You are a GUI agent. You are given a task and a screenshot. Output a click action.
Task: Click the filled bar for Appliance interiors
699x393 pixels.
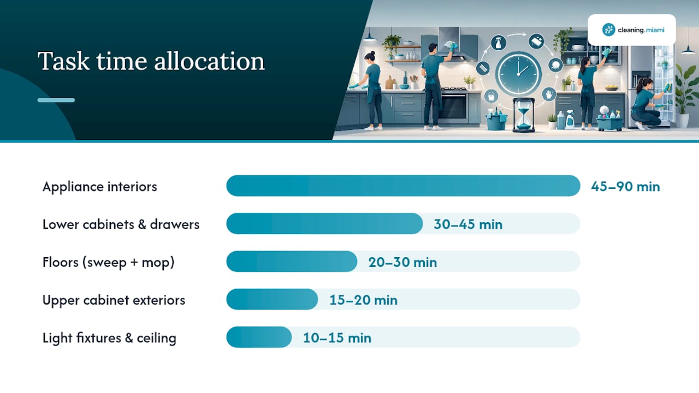[403, 186]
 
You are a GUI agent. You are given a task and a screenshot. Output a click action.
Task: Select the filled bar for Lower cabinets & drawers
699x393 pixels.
[324, 223]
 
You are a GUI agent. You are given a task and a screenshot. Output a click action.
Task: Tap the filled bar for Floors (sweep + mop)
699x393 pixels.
[292, 261]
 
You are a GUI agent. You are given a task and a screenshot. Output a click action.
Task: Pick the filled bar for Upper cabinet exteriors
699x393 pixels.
[272, 299]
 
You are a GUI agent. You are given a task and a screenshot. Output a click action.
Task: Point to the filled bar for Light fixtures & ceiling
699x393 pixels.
[259, 337]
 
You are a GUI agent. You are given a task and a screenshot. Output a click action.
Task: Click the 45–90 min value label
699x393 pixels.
[625, 187]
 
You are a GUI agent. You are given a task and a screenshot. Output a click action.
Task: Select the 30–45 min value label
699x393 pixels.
[468, 224]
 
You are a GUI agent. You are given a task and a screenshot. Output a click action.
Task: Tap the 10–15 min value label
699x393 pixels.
[337, 338]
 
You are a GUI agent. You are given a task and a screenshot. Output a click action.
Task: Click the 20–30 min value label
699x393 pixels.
[402, 263]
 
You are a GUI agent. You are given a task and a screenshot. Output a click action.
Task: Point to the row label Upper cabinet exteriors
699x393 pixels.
[114, 300]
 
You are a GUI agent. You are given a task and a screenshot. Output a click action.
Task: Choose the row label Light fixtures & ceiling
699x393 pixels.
[110, 338]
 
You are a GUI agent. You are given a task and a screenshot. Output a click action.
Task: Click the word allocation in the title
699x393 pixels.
[209, 61]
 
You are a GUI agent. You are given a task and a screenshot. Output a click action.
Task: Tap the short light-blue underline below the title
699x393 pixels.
[56, 100]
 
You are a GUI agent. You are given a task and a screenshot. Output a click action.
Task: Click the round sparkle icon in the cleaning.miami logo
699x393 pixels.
[608, 30]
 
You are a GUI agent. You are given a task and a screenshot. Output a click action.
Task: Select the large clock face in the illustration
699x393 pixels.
[518, 74]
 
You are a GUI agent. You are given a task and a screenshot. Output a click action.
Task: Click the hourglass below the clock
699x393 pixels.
[523, 115]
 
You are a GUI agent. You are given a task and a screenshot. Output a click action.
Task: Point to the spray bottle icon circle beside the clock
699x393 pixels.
[499, 43]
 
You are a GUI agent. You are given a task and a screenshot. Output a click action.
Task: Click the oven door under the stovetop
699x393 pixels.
[454, 107]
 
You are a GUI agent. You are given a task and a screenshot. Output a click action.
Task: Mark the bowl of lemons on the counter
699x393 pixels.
[611, 88]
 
